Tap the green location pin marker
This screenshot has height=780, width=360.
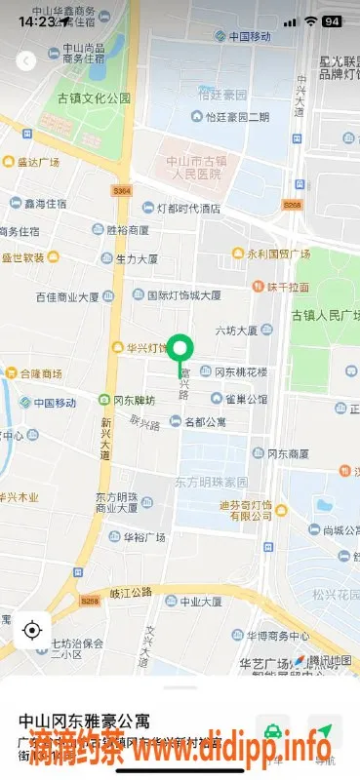click(x=180, y=348)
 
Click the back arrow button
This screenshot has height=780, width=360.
click(x=26, y=60)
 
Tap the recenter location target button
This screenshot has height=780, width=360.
click(x=32, y=630)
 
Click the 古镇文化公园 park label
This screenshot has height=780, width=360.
click(x=94, y=98)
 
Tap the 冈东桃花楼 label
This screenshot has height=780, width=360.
click(x=232, y=371)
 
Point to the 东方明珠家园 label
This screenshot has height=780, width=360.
click(x=212, y=483)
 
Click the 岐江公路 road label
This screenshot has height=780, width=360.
click(x=132, y=591)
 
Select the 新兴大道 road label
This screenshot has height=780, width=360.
click(x=105, y=439)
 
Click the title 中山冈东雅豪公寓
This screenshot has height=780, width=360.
click(x=85, y=721)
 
